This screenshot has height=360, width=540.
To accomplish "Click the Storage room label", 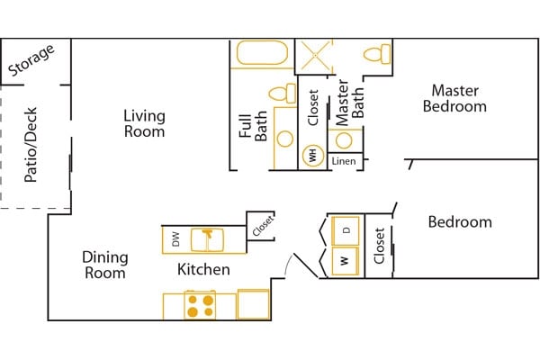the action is [x=31, y=60].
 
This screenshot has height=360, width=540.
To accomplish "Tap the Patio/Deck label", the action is [x=31, y=145].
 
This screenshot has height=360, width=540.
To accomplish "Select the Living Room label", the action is [x=144, y=123].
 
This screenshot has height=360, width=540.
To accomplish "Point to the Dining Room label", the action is [x=105, y=265].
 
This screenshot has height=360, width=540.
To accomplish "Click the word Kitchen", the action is [x=203, y=269].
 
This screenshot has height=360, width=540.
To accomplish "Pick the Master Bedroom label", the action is [x=454, y=98].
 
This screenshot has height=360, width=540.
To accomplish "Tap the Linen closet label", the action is [x=344, y=161].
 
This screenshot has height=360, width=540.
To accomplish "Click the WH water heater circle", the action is [x=313, y=156].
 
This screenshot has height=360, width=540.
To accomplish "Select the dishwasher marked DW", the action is [x=176, y=239].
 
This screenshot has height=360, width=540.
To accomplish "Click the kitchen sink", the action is [x=207, y=239].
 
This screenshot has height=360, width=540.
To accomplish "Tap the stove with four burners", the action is [x=200, y=306].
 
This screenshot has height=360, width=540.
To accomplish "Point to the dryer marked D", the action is [x=346, y=230].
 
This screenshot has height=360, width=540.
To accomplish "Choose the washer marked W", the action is [x=346, y=261].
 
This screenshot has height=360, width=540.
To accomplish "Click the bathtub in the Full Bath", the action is [x=262, y=53].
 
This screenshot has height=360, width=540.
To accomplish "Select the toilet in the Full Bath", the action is [x=283, y=94].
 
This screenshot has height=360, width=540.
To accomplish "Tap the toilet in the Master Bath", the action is [x=377, y=54].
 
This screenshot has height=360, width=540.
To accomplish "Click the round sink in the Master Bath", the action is [x=344, y=140].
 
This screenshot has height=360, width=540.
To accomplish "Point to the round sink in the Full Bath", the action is [x=285, y=139].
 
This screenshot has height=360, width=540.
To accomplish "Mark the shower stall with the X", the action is [x=314, y=57].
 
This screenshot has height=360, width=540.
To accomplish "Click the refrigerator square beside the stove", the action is [x=254, y=304].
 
